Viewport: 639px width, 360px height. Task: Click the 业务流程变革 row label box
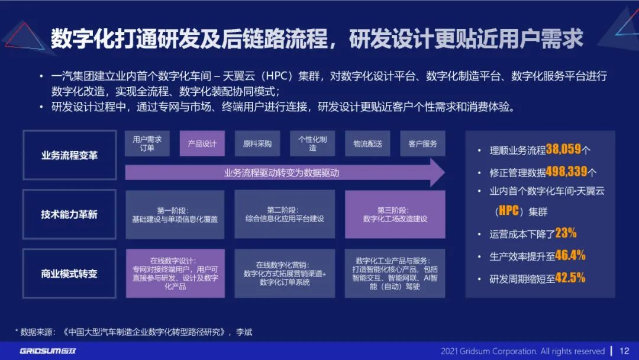(x=69, y=155)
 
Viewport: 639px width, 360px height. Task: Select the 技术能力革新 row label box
(x=69, y=214)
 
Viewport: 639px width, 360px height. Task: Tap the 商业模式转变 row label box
(x=69, y=274)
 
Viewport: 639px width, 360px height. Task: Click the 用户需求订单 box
(x=147, y=143)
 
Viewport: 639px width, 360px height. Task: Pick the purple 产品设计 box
(x=202, y=143)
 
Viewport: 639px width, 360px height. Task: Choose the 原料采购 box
(x=257, y=143)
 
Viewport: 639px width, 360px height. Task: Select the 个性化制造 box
(x=312, y=143)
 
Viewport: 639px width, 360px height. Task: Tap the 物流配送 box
(x=367, y=143)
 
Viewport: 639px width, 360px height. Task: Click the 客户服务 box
(x=422, y=143)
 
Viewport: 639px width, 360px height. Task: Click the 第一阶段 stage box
(x=175, y=214)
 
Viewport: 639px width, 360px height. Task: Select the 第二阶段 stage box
(x=285, y=214)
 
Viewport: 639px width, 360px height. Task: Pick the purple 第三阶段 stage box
(x=395, y=214)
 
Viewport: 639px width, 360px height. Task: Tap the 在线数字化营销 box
(x=285, y=274)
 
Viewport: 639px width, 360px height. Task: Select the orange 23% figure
(x=566, y=233)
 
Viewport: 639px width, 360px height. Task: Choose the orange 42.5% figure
(x=570, y=278)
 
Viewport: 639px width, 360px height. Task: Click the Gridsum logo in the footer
(x=48, y=351)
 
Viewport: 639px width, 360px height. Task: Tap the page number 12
(x=624, y=351)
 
